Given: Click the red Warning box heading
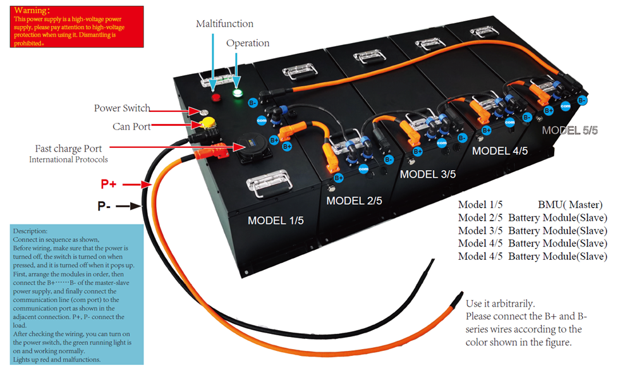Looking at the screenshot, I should pyautogui.click(x=32, y=11).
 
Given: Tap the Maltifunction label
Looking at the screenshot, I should pyautogui.click(x=224, y=24).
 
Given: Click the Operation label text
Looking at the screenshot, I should pyautogui.click(x=248, y=44).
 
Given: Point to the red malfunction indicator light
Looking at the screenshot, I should pyautogui.click(x=216, y=97).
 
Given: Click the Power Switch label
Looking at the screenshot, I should pyautogui.click(x=122, y=108).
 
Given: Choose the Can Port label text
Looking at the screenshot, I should pyautogui.click(x=131, y=126).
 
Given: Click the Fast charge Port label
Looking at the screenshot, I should pyautogui.click(x=68, y=149).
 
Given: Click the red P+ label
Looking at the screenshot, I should pyautogui.click(x=109, y=184).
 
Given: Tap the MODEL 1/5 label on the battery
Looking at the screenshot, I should pyautogui.click(x=276, y=221).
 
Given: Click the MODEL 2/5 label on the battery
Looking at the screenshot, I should pyautogui.click(x=354, y=201).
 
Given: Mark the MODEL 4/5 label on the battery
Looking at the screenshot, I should pyautogui.click(x=499, y=151).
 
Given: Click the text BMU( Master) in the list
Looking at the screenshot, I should pyautogui.click(x=570, y=205).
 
